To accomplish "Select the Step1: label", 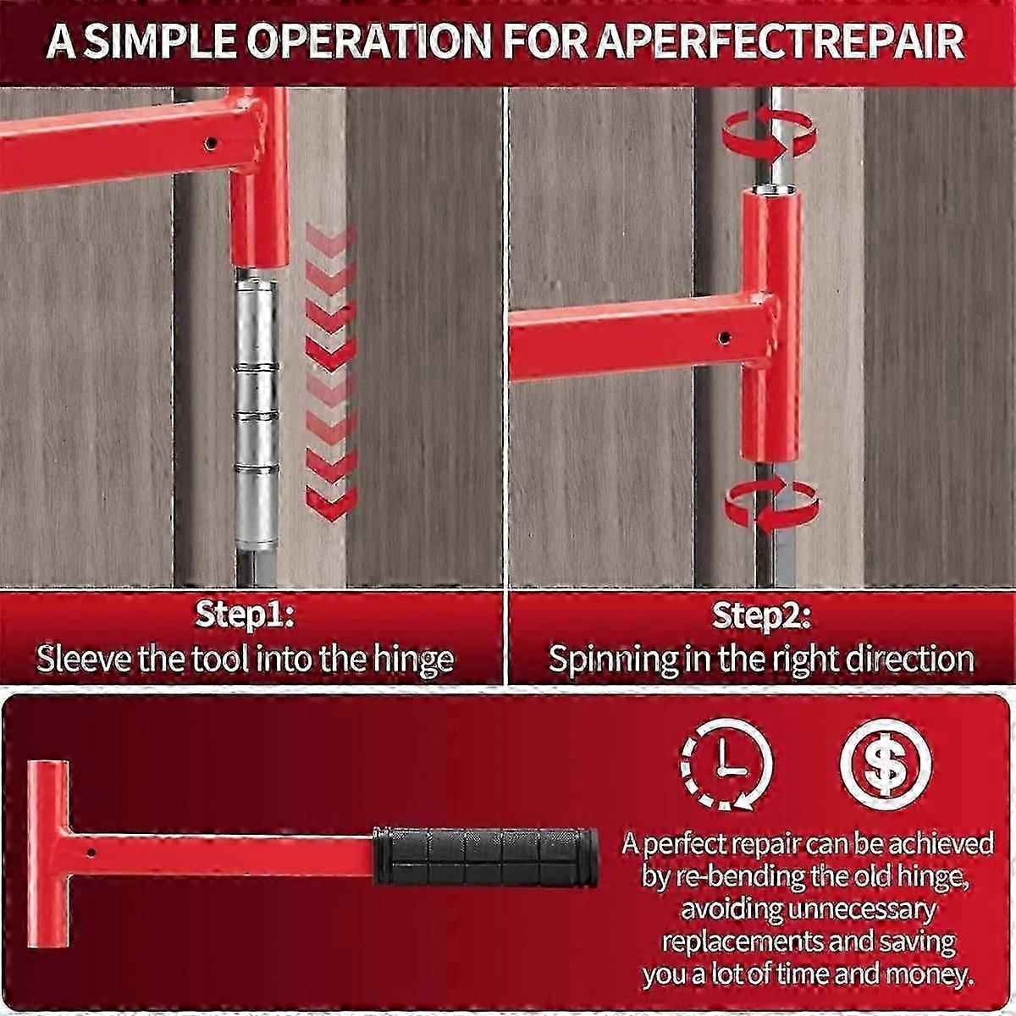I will coord(245,616).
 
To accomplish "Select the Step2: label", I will coord(761,616).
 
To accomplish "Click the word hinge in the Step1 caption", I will coord(413,658).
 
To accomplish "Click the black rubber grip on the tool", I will coord(485,856).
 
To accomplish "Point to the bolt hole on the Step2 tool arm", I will coord(724,338).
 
